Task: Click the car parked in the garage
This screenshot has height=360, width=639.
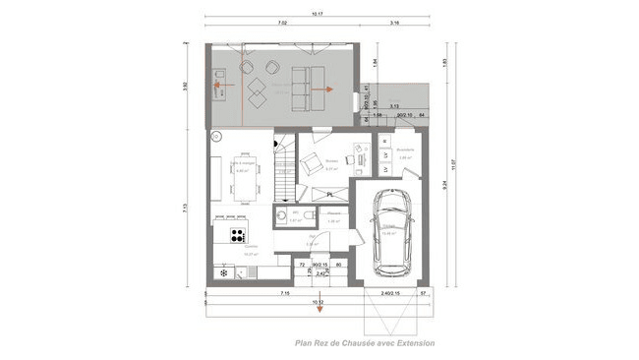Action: (392, 231)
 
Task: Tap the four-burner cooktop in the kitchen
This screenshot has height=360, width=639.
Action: (237, 234)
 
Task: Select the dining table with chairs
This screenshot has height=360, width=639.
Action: (241, 173)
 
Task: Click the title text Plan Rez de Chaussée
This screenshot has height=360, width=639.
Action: (365, 344)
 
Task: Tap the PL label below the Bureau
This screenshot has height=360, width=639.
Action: (329, 194)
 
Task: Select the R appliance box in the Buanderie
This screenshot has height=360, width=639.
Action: (383, 144)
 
